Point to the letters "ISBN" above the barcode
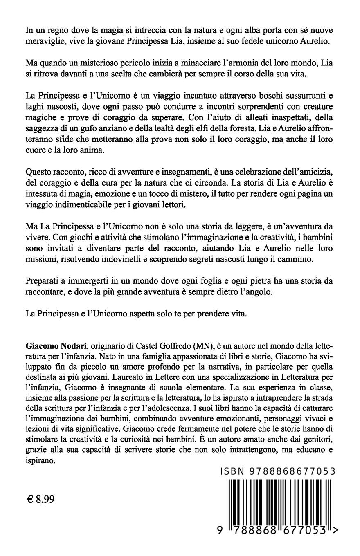(232, 471)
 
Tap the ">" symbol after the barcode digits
(335, 530)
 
